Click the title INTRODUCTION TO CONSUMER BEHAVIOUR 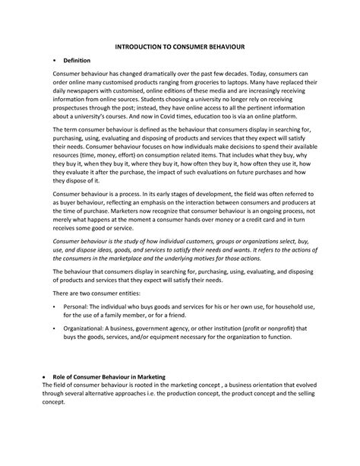point(180,46)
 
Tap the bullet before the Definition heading point(54,61)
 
